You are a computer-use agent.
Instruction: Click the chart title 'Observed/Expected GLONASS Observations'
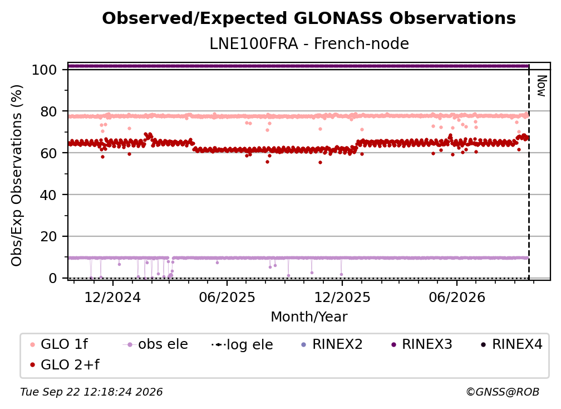tap(309, 18)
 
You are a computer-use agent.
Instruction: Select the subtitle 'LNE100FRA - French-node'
tap(309, 43)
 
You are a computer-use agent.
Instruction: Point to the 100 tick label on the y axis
tap(44, 70)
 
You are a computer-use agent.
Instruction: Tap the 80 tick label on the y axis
tap(48, 112)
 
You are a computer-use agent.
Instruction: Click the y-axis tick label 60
tap(48, 153)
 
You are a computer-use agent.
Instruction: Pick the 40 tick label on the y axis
tap(48, 195)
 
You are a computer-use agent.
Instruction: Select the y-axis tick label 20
tap(48, 237)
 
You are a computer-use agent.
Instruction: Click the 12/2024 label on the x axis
tap(112, 298)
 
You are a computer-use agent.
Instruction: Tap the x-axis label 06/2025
tap(227, 298)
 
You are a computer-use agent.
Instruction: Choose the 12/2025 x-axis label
tap(342, 298)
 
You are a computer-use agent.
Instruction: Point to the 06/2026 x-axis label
tap(457, 298)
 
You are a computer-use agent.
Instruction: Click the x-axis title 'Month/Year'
tap(309, 317)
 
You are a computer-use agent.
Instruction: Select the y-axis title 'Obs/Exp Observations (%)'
tap(17, 176)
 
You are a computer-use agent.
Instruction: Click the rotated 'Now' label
tap(542, 86)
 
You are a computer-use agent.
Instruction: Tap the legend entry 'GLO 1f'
tap(60, 344)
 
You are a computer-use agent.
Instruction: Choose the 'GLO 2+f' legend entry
tap(65, 365)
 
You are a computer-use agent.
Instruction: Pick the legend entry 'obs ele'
tap(155, 344)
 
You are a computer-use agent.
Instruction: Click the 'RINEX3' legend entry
tap(422, 344)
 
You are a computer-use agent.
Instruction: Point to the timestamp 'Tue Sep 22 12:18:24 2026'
tap(91, 392)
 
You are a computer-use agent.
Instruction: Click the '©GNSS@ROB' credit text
tap(503, 392)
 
